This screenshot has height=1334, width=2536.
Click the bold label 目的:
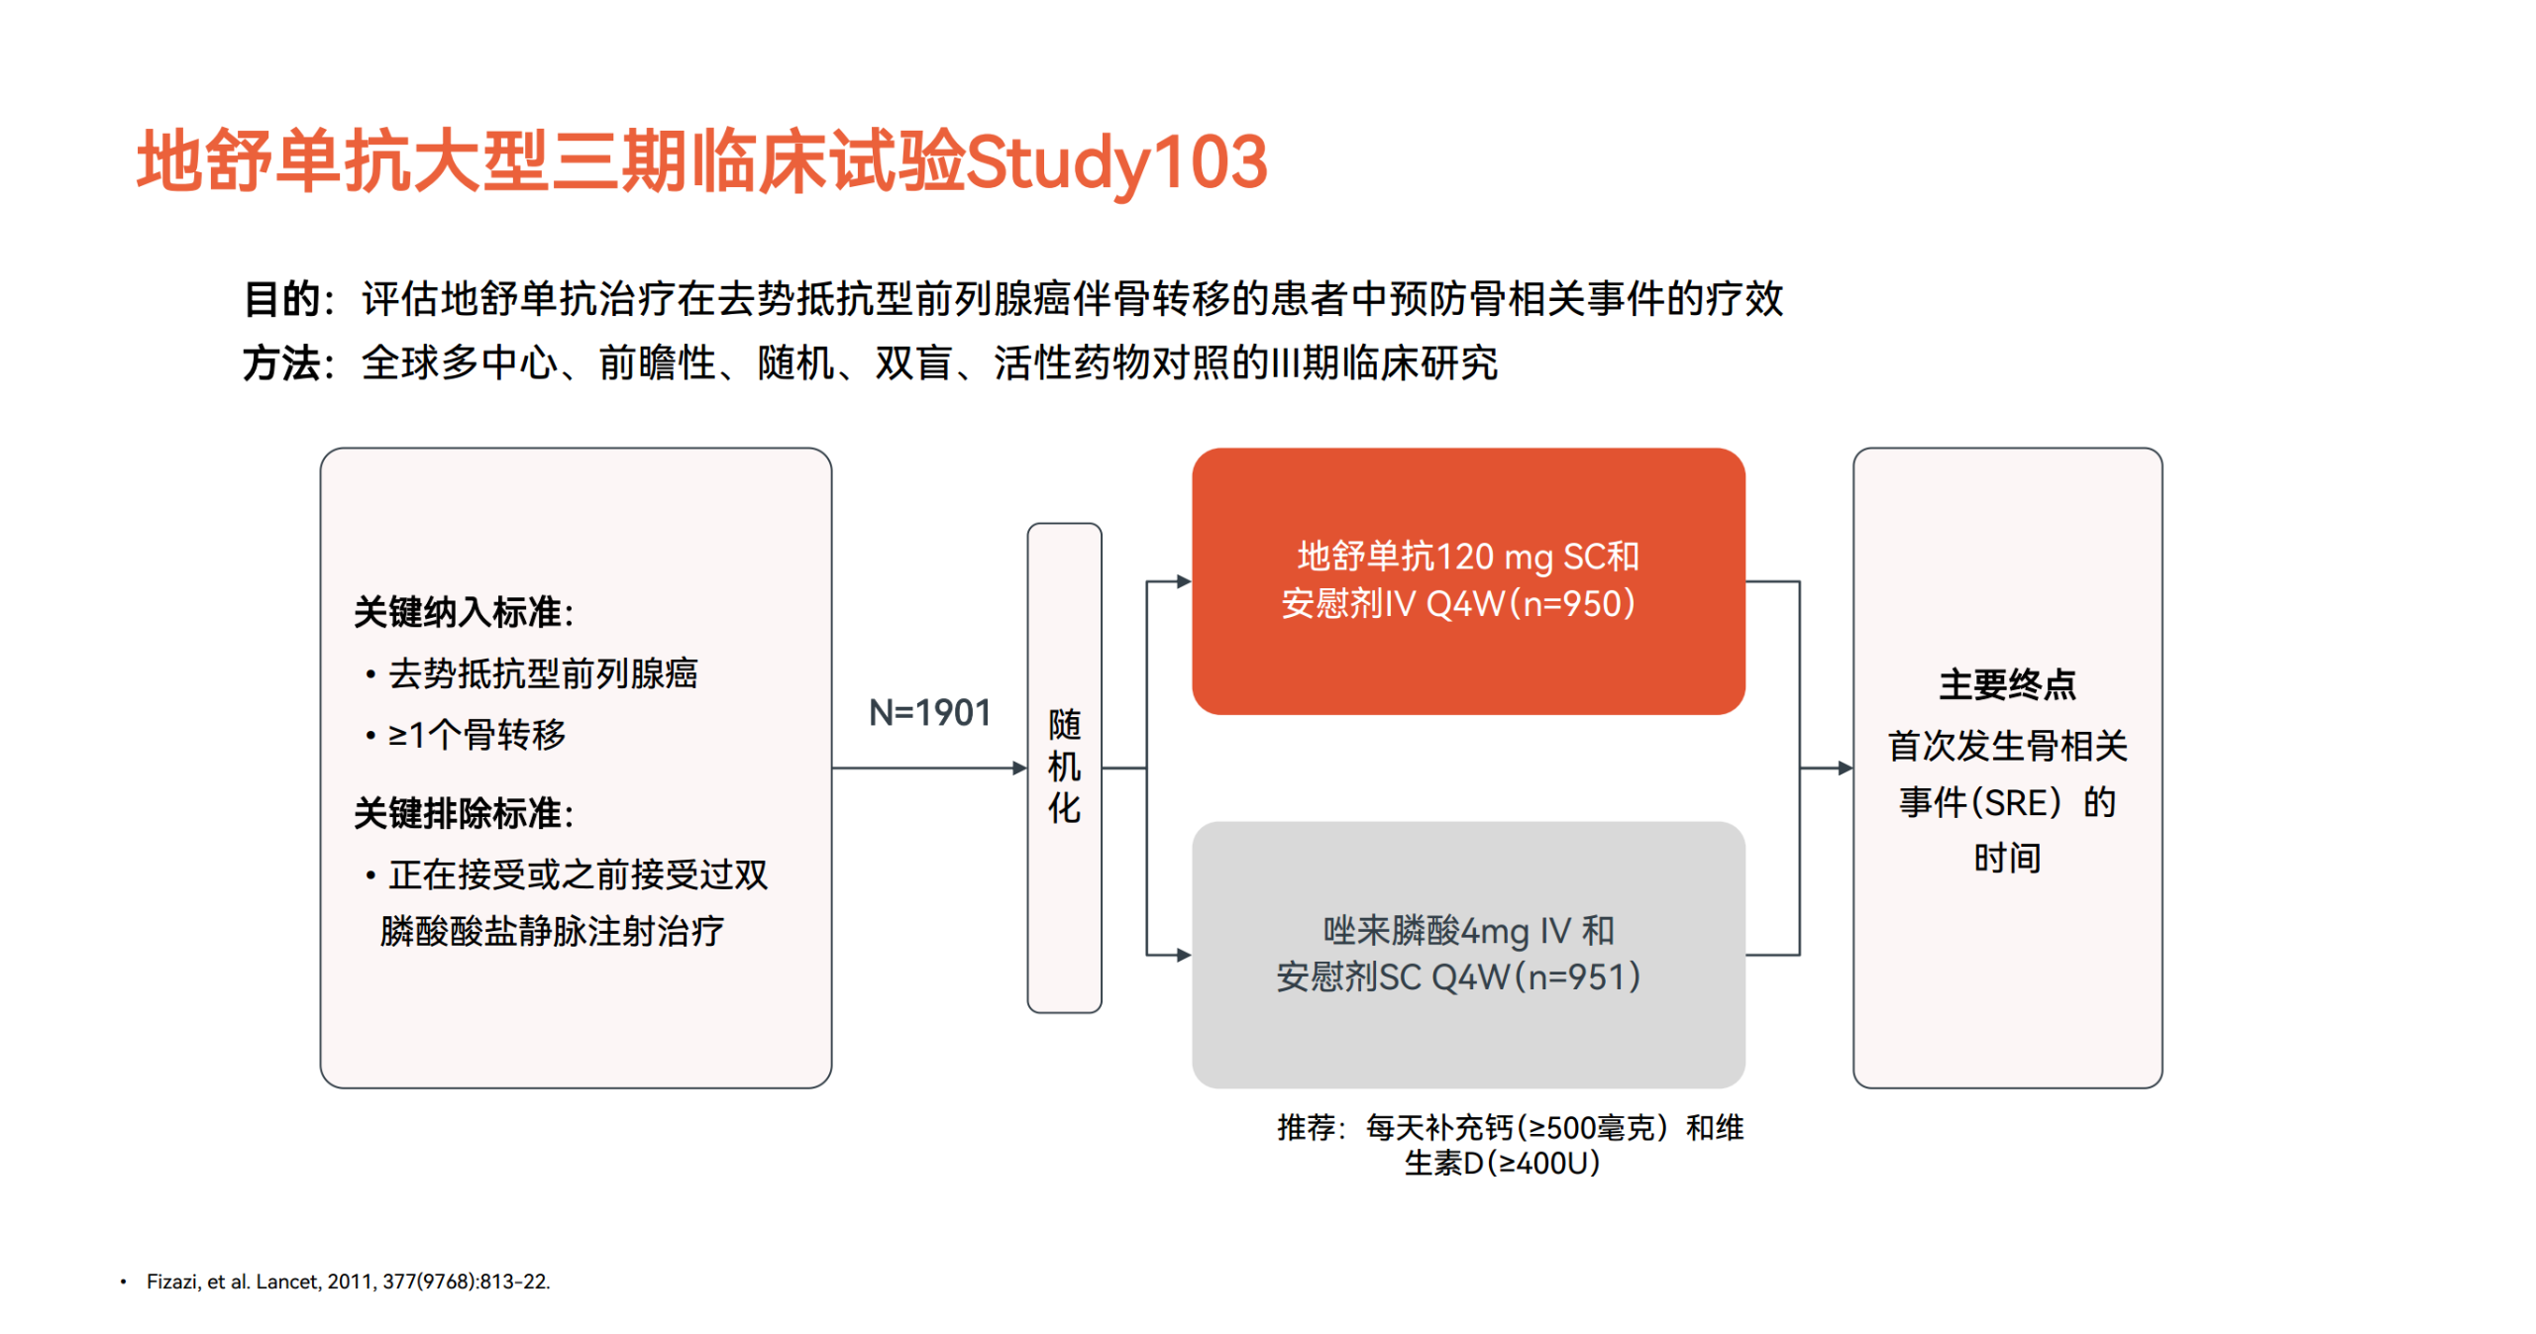click(x=288, y=299)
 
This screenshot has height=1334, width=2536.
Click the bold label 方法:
click(x=288, y=363)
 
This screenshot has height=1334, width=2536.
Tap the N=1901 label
click(x=929, y=712)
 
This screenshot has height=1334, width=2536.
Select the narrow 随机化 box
click(x=1064, y=768)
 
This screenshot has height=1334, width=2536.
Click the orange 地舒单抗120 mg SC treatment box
click(x=1468, y=581)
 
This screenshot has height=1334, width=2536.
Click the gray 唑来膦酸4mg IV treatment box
click(x=1468, y=955)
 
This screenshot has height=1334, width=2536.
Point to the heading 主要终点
click(x=2007, y=684)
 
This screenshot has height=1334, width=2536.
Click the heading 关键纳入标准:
click(x=464, y=612)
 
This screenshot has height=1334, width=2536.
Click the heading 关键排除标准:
click(x=464, y=813)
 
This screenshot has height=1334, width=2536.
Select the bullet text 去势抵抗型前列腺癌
click(x=543, y=673)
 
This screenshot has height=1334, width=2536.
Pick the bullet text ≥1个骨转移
click(x=476, y=735)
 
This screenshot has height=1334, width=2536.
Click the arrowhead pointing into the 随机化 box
click(x=1019, y=768)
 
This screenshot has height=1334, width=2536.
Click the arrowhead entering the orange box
click(x=1185, y=581)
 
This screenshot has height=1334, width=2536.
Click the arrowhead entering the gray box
click(x=1185, y=955)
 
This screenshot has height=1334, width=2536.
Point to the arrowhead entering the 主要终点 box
click(x=1846, y=768)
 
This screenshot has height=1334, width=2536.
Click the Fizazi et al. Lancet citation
click(x=348, y=1282)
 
